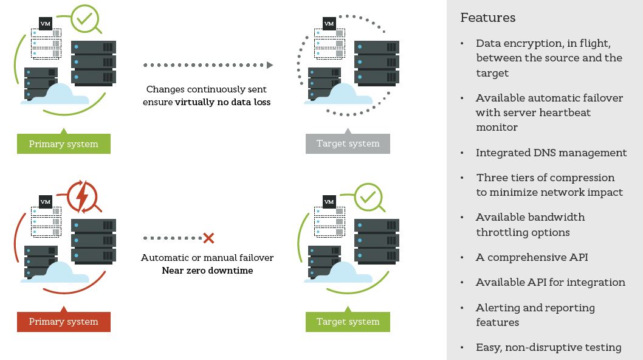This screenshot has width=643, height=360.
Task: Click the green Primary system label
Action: coord(63,144)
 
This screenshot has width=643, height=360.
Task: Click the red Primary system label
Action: coord(63,322)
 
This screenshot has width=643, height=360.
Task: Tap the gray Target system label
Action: coord(348,144)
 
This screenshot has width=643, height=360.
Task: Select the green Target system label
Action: coord(348,322)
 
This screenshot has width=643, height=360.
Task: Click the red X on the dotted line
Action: coord(208,238)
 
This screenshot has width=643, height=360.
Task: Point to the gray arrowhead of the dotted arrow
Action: coord(270,65)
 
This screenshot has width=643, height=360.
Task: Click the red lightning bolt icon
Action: coord(82,195)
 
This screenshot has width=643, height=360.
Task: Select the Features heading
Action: coord(488,18)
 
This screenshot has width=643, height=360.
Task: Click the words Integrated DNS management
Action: coord(551,153)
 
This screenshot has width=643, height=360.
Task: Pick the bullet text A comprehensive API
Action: coord(532,257)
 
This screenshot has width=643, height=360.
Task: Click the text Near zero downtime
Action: coord(207,270)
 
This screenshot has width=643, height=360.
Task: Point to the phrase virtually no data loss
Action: coord(223,102)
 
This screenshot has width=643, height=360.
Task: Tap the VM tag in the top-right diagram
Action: coord(329,24)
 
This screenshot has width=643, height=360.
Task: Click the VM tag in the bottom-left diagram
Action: coord(45,201)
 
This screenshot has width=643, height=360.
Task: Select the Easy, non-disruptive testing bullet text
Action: coord(548,348)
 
